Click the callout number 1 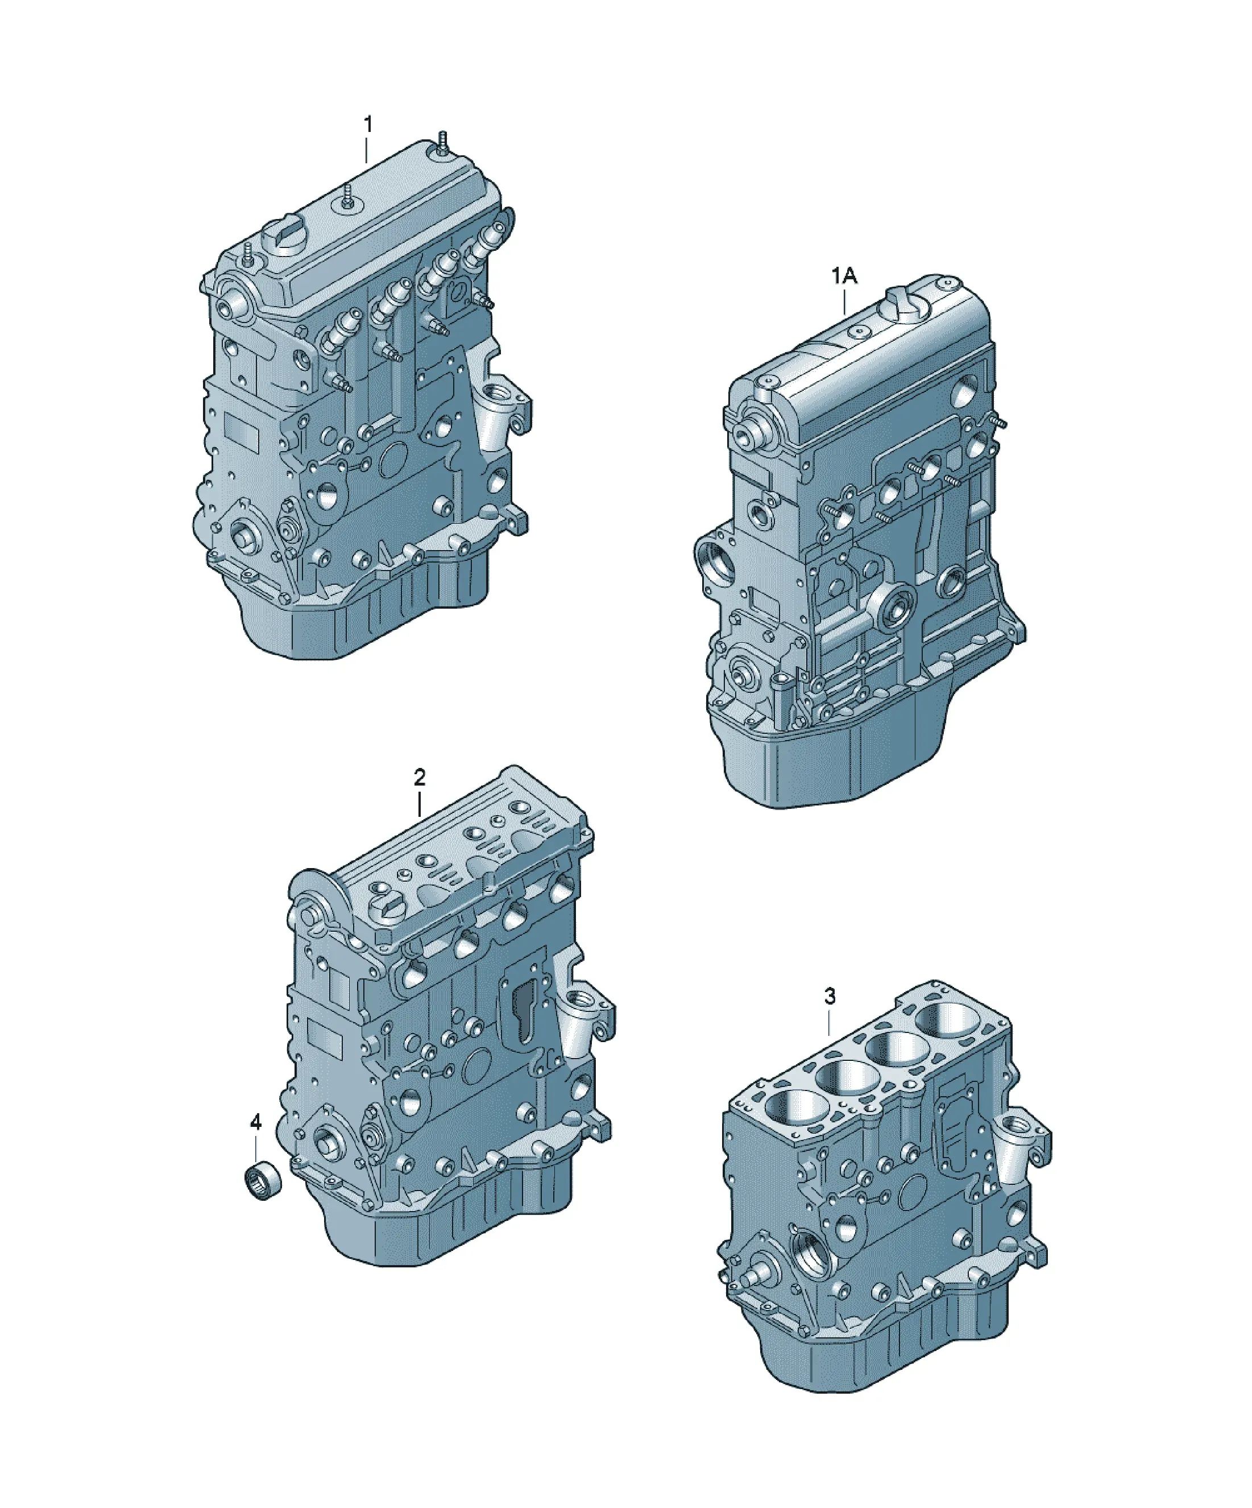(368, 125)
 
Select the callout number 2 (420, 777)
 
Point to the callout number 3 (830, 996)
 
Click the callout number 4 (255, 1122)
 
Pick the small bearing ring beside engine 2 (260, 1179)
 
